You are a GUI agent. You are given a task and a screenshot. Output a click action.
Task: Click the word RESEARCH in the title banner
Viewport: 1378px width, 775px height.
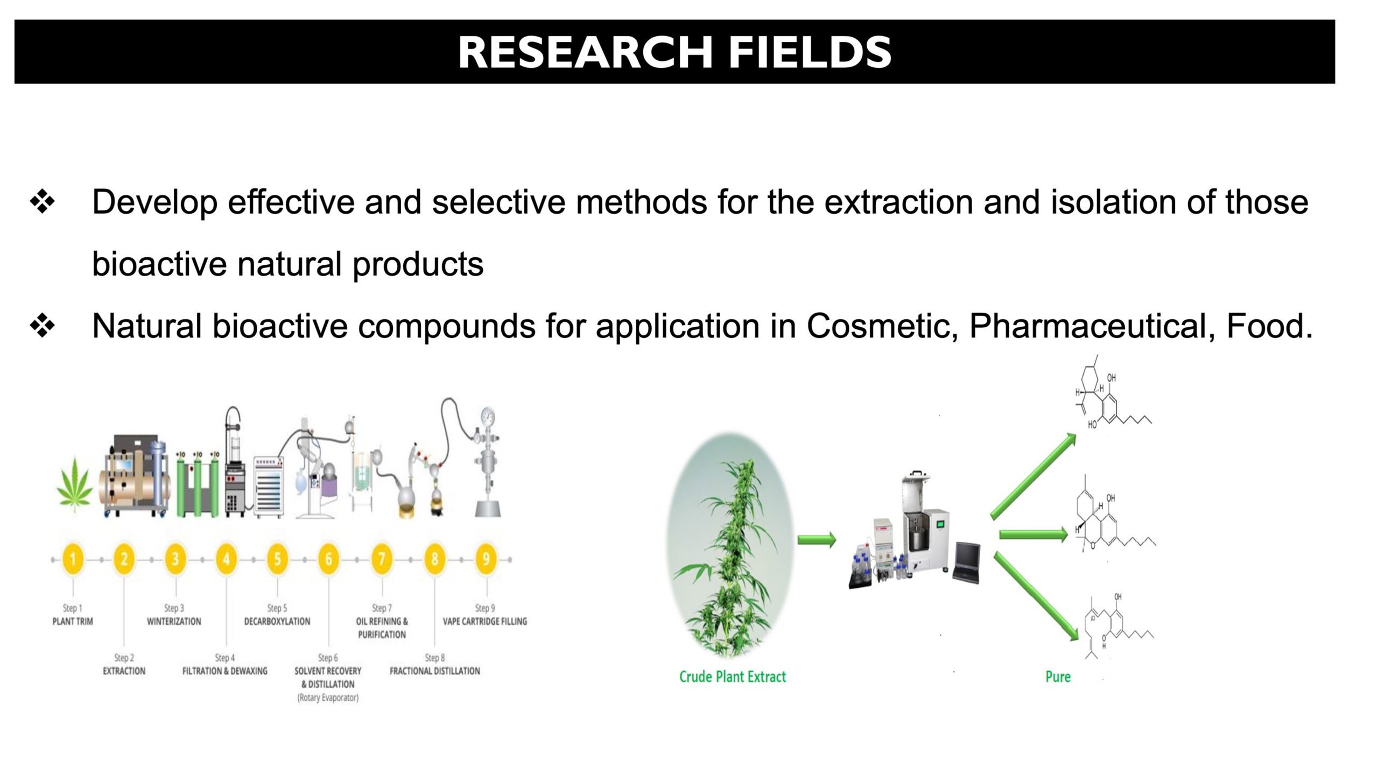coord(586,52)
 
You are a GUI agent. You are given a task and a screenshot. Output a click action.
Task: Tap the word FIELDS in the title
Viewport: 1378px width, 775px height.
coord(810,52)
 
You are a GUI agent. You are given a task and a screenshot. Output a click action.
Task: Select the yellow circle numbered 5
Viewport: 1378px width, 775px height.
coord(277,559)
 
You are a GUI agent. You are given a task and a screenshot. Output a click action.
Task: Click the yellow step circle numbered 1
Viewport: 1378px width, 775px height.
coord(73,559)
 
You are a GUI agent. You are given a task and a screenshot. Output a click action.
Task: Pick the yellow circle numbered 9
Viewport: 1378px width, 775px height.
coord(486,559)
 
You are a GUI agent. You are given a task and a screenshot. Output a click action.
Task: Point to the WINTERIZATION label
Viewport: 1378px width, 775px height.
coord(174,621)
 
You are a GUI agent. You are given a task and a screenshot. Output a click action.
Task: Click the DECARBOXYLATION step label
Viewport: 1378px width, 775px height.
coord(277,621)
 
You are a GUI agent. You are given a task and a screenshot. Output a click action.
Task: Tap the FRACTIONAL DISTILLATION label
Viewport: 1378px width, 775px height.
coord(435,671)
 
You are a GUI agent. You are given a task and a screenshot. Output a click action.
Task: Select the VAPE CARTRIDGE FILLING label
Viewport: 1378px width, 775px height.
coord(485,621)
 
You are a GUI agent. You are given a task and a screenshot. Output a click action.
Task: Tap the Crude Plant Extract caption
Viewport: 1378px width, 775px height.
coord(733,677)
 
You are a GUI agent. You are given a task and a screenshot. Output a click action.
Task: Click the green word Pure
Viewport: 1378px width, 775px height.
coord(1058,677)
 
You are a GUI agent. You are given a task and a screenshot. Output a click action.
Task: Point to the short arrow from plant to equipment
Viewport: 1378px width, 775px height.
coord(817,539)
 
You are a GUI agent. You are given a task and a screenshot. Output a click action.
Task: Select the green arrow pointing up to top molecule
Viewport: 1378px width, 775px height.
coord(1033,476)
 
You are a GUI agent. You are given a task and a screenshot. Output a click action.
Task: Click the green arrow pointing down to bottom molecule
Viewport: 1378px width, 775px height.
coord(1036,596)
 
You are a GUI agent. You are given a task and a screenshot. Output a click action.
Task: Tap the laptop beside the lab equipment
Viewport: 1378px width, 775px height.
coord(967,562)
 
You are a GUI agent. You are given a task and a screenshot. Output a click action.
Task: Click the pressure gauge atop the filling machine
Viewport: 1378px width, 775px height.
coord(488,416)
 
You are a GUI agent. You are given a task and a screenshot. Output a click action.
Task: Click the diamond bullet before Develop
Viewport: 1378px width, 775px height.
coord(43,202)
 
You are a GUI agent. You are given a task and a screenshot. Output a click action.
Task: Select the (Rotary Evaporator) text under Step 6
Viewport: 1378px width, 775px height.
coord(328,698)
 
